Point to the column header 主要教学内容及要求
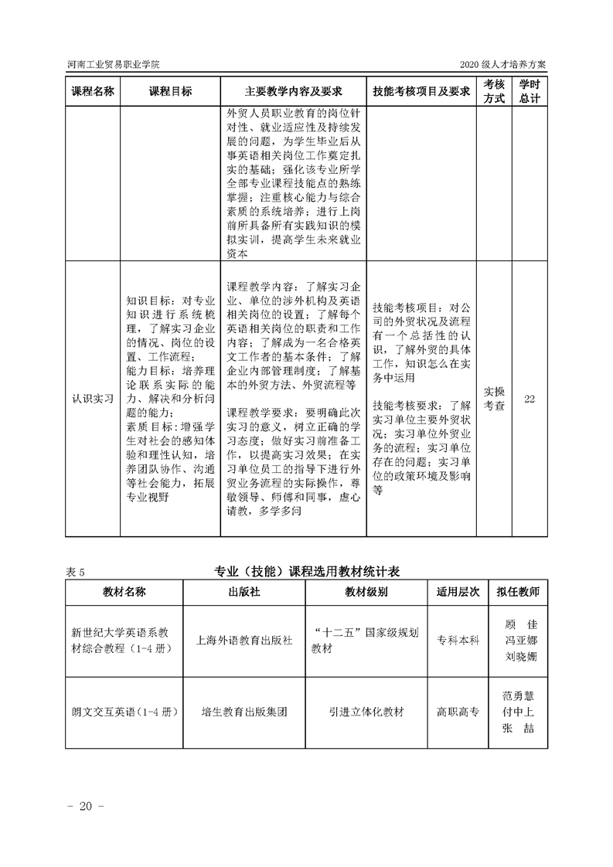click(293, 91)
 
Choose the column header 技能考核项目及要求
click(421, 91)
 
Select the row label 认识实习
click(93, 399)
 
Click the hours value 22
click(530, 399)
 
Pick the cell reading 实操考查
click(494, 399)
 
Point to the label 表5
click(75, 572)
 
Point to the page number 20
click(86, 807)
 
